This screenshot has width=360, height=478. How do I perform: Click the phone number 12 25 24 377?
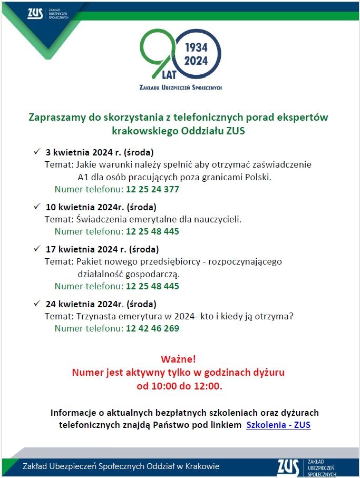tap(152, 189)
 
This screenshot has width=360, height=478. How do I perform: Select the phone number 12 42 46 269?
tap(152, 328)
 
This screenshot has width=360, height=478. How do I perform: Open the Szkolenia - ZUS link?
tap(278, 425)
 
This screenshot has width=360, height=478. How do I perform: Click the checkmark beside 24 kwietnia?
tap(37, 304)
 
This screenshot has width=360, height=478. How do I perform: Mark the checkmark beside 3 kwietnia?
tap(37, 152)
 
